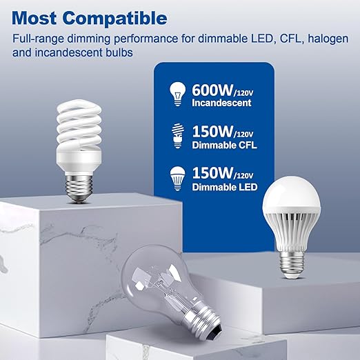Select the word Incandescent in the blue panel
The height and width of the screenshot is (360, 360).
click(x=222, y=103)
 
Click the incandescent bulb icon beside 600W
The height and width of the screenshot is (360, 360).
click(x=177, y=95)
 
